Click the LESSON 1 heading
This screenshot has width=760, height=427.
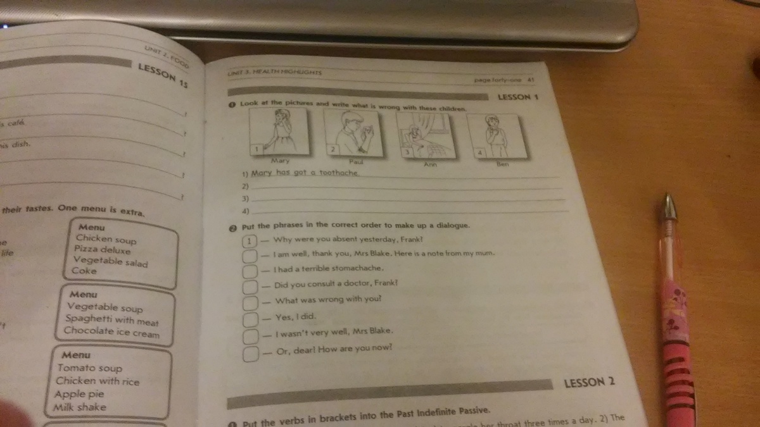click(517, 97)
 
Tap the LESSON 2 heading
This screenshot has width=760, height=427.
click(589, 382)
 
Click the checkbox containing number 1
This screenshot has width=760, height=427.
click(251, 241)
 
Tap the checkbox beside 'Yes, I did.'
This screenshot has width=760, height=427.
click(251, 318)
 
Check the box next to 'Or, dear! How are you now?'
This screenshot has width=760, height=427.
click(250, 353)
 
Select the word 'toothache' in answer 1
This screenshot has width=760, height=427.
click(339, 173)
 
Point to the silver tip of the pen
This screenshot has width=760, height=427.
click(668, 205)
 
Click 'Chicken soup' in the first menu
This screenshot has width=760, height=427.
click(106, 239)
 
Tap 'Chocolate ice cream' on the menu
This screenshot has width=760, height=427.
click(111, 332)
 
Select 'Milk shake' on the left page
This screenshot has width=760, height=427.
click(80, 407)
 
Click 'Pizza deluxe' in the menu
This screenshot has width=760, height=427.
click(102, 249)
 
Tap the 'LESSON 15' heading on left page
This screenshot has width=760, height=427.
click(163, 75)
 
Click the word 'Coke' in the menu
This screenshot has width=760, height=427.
click(84, 270)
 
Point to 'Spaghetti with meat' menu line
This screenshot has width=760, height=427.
click(111, 319)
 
